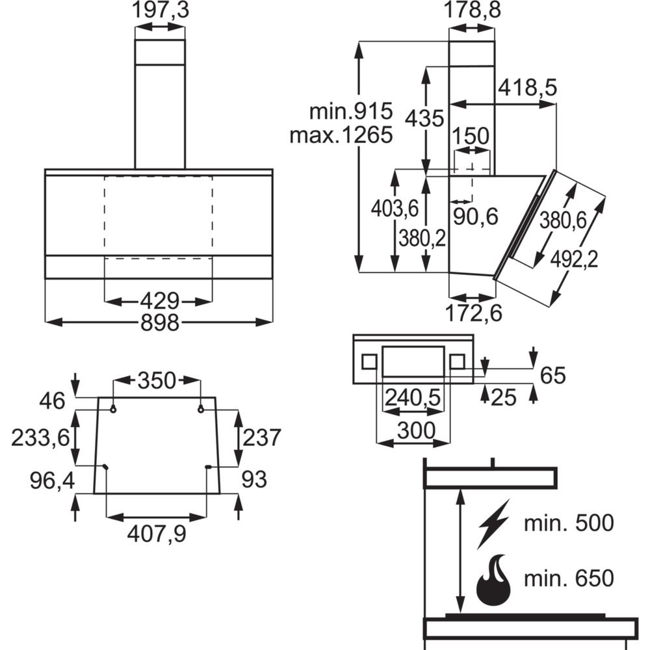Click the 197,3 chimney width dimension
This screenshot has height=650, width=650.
click(159, 11)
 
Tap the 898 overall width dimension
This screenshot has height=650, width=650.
click(160, 322)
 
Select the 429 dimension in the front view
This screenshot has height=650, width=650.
click(159, 301)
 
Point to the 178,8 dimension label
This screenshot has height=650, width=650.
click(472, 11)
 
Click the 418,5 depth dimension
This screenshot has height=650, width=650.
click(528, 88)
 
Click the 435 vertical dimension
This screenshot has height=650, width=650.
click(424, 118)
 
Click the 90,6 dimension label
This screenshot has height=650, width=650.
click(475, 216)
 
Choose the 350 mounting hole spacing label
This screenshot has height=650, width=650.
click(156, 381)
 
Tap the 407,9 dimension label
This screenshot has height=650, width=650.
click(157, 534)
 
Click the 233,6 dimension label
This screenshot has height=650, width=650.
click(40, 437)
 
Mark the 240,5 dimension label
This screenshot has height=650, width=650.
click(413, 396)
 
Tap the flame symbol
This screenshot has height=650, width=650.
click(493, 579)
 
